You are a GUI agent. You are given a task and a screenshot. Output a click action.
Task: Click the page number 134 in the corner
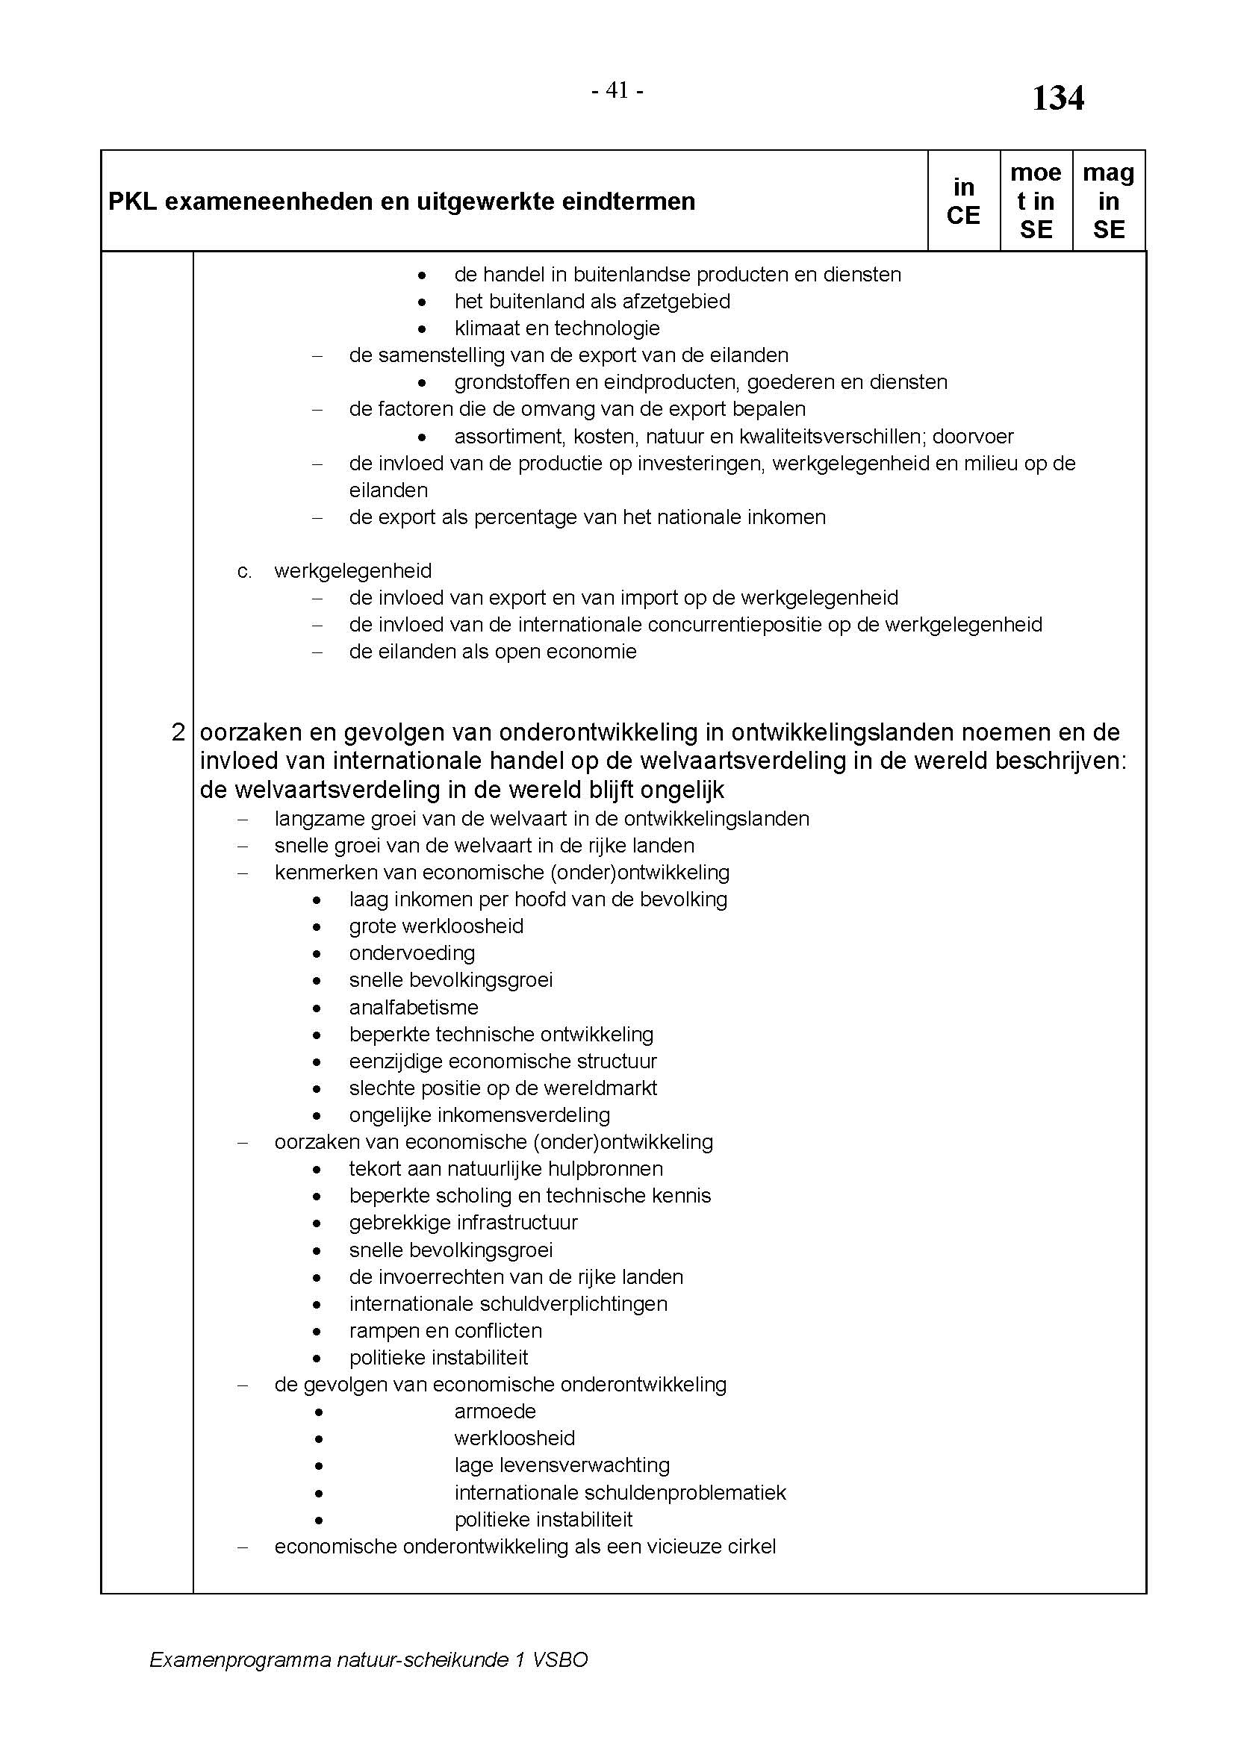click(1057, 99)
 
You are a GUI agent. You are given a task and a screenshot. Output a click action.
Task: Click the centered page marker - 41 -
click(617, 90)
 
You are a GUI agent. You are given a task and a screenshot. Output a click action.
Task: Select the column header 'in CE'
click(962, 201)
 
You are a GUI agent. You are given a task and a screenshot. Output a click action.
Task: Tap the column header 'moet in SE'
click(1035, 201)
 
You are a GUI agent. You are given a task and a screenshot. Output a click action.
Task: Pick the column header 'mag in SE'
click(1108, 201)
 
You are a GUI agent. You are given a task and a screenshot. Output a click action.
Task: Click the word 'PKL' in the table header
click(132, 202)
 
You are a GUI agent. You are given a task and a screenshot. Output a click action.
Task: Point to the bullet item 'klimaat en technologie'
click(557, 328)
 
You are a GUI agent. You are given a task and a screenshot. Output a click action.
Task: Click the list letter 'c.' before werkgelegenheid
click(244, 571)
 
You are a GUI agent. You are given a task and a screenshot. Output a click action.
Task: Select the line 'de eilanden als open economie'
click(493, 652)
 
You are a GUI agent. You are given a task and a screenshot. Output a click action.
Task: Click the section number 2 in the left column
click(178, 732)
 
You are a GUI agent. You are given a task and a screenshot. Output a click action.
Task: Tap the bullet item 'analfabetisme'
click(414, 1007)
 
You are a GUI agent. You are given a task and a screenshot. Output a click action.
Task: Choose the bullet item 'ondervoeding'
click(412, 952)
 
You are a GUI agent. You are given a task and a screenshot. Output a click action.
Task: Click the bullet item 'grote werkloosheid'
click(437, 926)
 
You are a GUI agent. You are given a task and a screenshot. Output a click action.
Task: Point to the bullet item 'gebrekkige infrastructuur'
click(463, 1222)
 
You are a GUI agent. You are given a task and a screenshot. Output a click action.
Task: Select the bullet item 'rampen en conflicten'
click(446, 1330)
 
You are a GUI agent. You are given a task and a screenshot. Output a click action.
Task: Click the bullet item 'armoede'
click(495, 1412)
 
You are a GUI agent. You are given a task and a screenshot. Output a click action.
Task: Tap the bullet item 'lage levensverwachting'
click(562, 1465)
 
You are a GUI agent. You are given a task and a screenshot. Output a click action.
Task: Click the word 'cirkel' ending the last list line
click(749, 1546)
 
